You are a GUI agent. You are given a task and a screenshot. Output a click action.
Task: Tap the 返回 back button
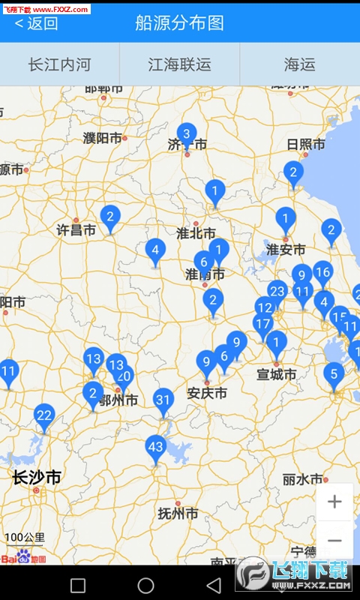[36, 22]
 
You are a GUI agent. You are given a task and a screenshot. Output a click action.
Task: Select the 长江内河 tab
[59, 64]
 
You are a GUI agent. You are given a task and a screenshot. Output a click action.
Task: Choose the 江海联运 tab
[179, 64]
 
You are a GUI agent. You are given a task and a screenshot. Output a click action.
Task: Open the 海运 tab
[299, 64]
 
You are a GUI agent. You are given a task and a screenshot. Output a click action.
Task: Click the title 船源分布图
[179, 22]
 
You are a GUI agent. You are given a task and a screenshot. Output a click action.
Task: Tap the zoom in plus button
[334, 502]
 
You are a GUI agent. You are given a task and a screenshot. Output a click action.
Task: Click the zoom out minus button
[334, 540]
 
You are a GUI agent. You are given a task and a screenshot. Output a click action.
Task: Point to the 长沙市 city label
[37, 478]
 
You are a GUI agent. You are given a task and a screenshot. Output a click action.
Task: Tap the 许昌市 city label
[76, 230]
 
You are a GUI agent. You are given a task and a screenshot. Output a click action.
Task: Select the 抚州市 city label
[178, 514]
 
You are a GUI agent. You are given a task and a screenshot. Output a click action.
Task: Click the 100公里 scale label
[25, 537]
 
